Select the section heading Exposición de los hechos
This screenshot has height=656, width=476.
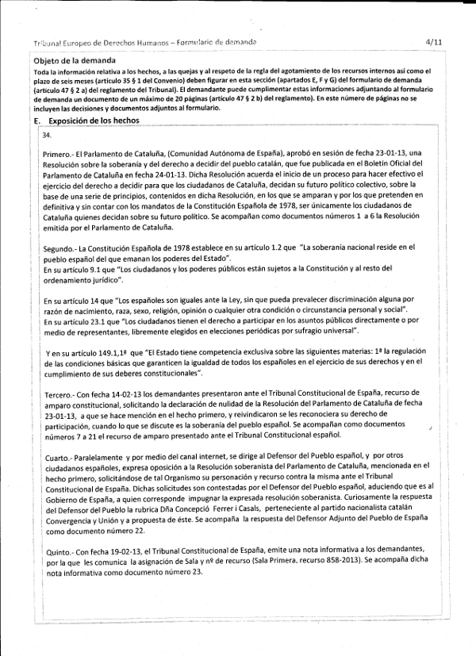click(94, 121)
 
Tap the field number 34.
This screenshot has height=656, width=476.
click(48, 136)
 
